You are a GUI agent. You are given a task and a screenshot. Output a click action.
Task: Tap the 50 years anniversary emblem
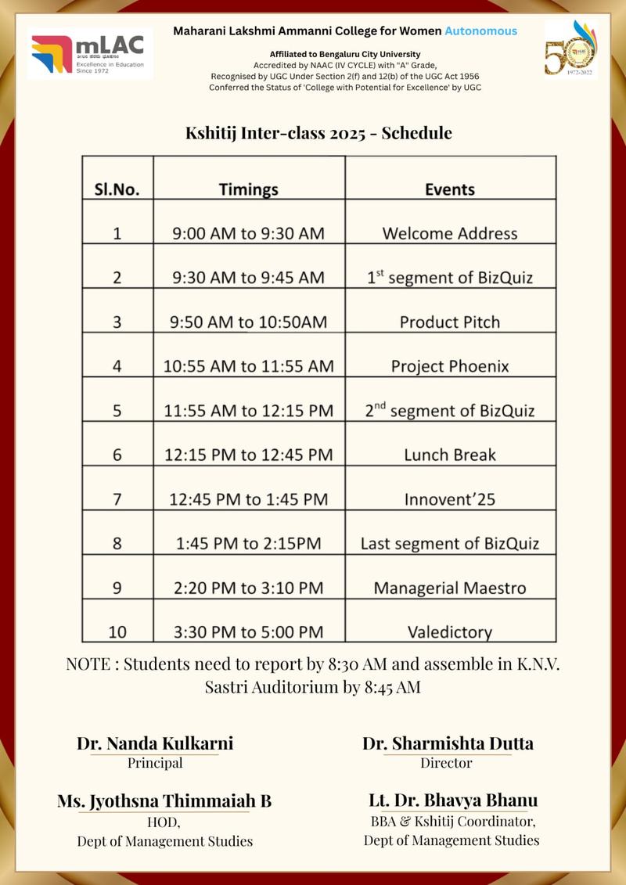point(570,49)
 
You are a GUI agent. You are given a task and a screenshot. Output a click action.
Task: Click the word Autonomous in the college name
point(480,31)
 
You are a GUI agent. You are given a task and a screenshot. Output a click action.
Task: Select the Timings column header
point(248,189)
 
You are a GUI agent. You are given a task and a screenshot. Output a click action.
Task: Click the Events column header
point(450,189)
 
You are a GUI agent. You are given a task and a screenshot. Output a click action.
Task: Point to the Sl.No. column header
point(117,189)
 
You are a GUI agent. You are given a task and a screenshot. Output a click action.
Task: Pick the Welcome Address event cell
point(450,233)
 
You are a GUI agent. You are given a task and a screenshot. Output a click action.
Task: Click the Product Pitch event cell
point(450,322)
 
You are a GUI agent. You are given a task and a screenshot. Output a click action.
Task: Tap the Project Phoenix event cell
point(450,366)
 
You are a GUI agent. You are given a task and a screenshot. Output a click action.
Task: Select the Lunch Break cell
point(450,455)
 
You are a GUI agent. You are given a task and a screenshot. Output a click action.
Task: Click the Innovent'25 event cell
point(450,499)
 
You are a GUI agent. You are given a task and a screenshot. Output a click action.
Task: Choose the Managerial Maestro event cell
point(450,588)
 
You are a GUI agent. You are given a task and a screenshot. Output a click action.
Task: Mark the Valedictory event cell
point(450,631)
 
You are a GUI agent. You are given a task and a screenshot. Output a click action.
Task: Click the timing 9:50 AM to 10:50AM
point(248,322)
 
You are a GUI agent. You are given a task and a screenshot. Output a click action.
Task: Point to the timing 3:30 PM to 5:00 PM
point(248,631)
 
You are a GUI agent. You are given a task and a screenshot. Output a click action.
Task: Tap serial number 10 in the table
point(117,631)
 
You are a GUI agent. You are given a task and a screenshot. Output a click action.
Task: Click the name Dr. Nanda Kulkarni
point(155,743)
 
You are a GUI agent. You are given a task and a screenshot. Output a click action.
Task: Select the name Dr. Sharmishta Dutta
point(448,743)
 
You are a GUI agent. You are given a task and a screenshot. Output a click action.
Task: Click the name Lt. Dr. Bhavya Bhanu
point(453,800)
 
